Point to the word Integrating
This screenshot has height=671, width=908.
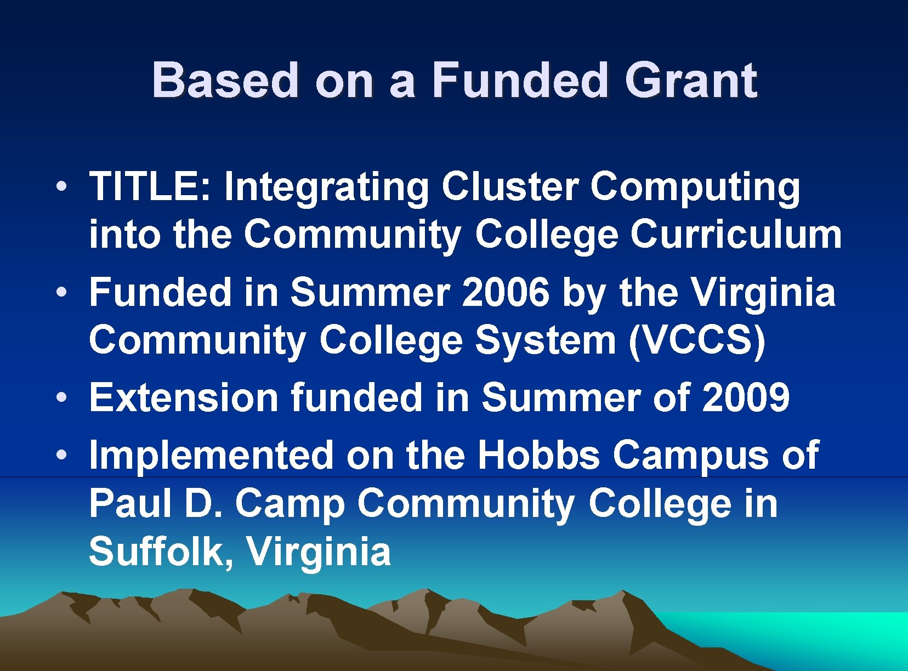coord(326,188)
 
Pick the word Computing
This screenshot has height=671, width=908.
coord(695,188)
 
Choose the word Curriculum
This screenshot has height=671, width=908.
coord(736,235)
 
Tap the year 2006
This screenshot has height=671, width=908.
coord(506,292)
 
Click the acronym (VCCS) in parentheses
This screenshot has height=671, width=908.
coord(697,340)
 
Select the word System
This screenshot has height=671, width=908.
coord(546,340)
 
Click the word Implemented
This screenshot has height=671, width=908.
coord(211,455)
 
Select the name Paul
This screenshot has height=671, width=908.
coord(130,503)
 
